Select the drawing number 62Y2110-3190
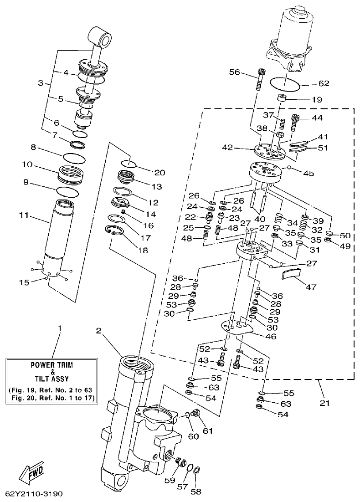pos(34,494)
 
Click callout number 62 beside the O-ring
pos(324,83)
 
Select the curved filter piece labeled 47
pos(290,274)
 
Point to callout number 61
pos(208,430)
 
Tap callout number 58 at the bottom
pos(196,492)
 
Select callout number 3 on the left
pos(41,83)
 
